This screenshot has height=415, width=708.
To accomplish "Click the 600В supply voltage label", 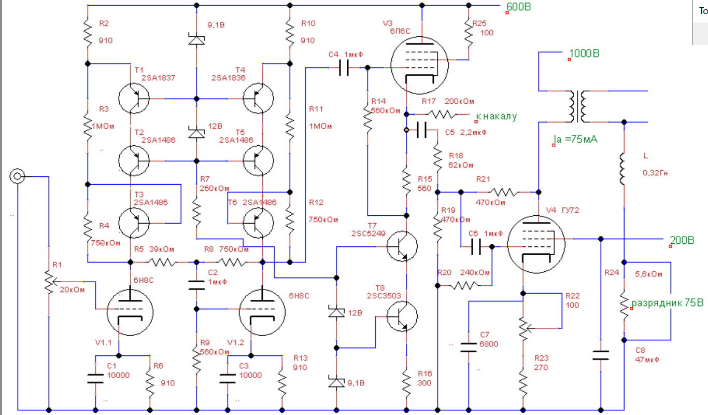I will [520, 7].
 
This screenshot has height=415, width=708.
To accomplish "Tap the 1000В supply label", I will [584, 54].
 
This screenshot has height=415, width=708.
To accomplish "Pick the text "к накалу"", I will [496, 116].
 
